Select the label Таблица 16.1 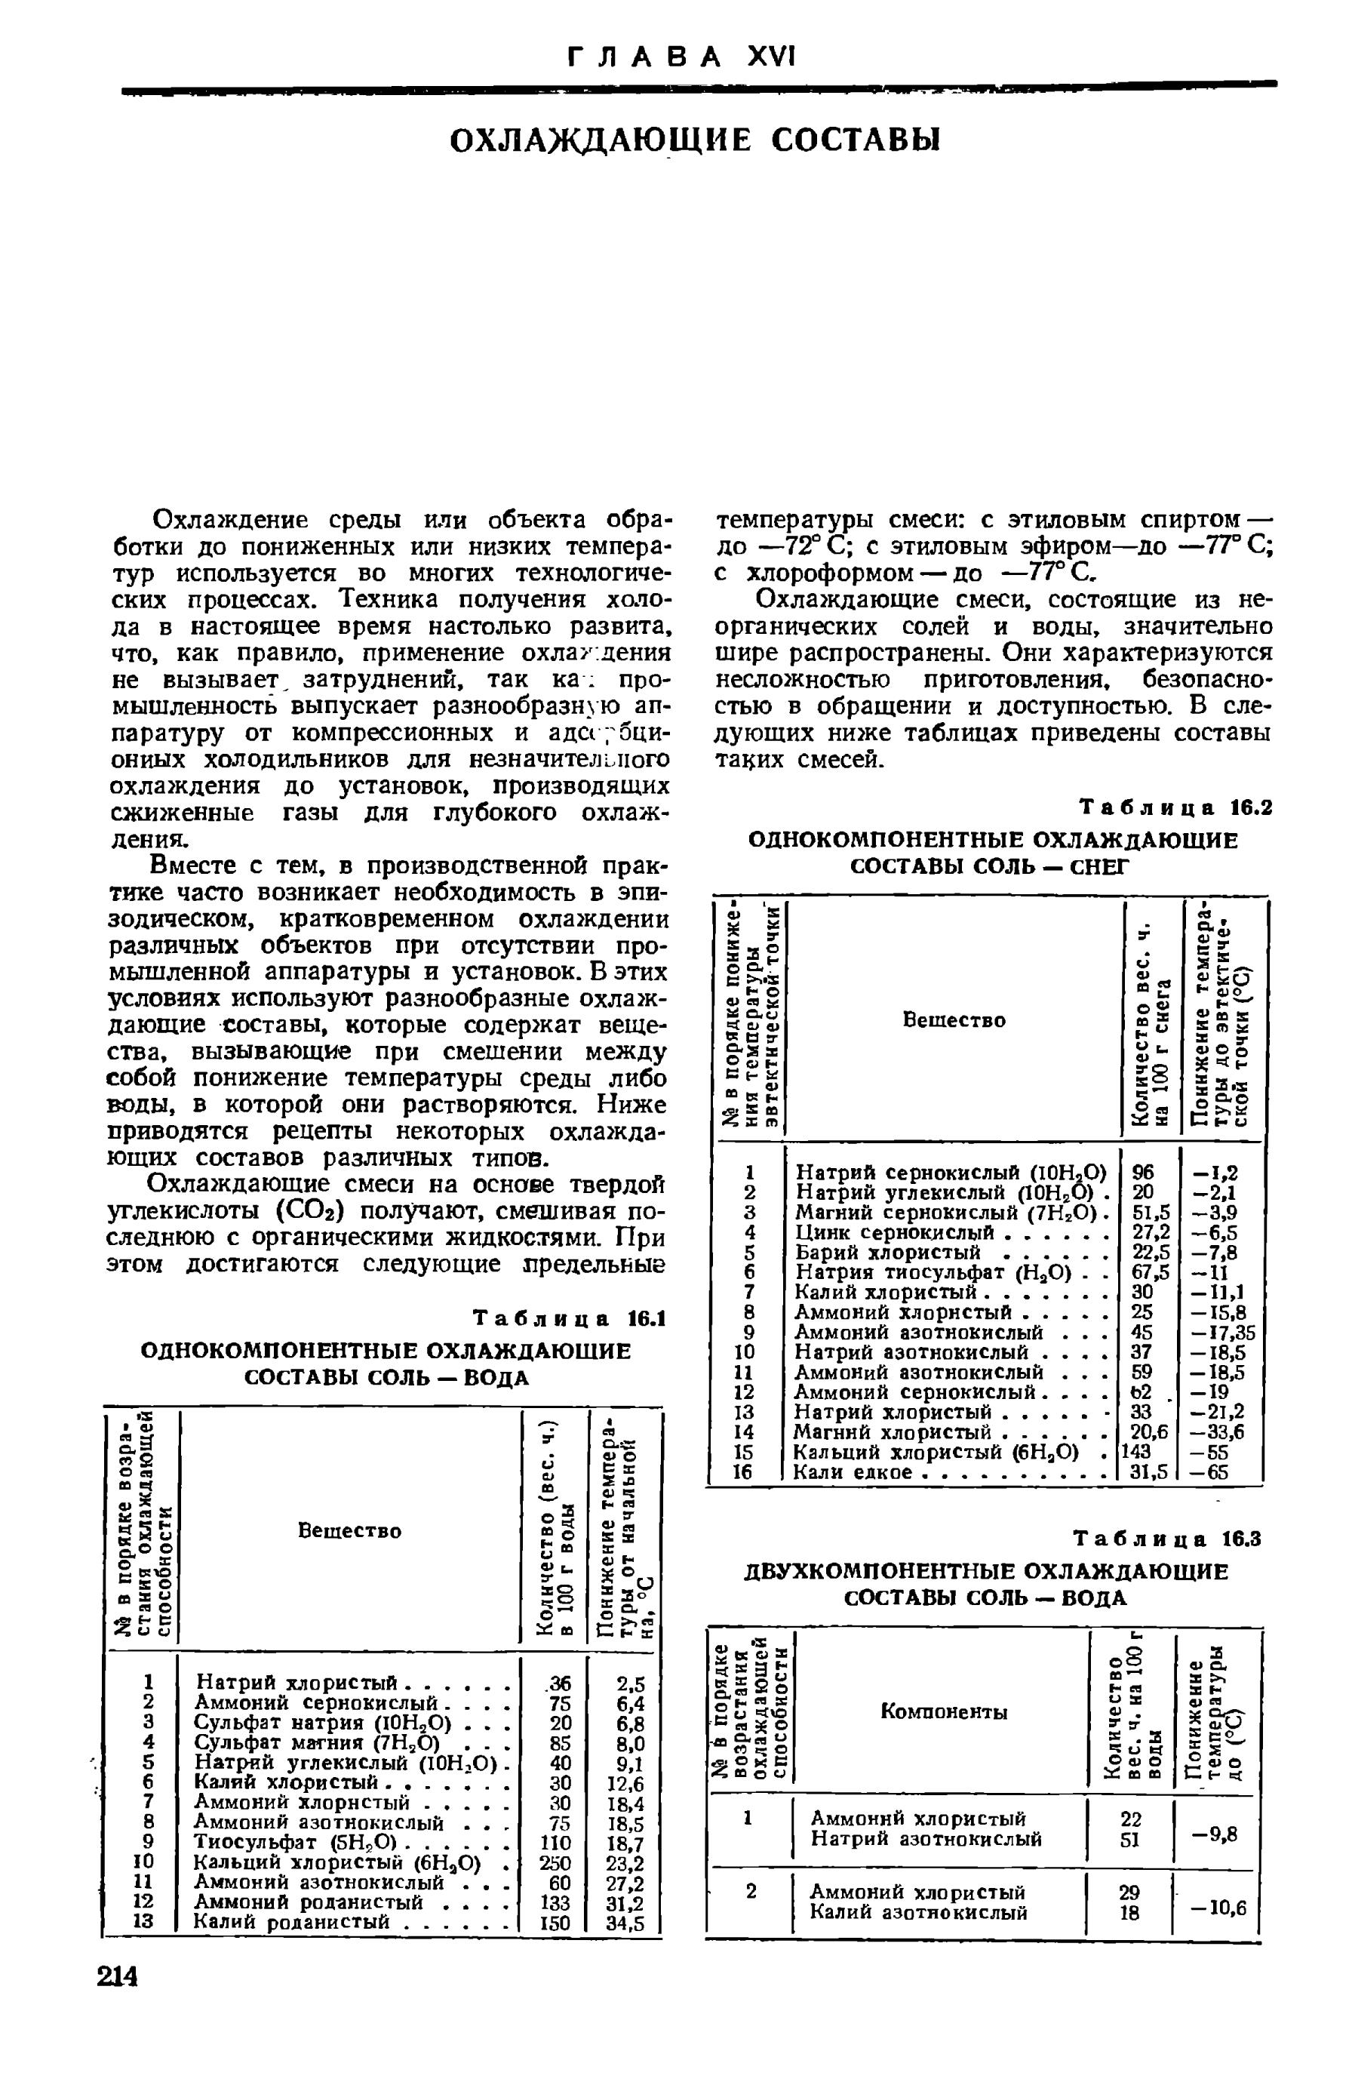(x=569, y=1319)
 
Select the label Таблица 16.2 (x=1175, y=807)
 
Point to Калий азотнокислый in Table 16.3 (x=918, y=1911)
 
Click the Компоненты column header (x=944, y=1712)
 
